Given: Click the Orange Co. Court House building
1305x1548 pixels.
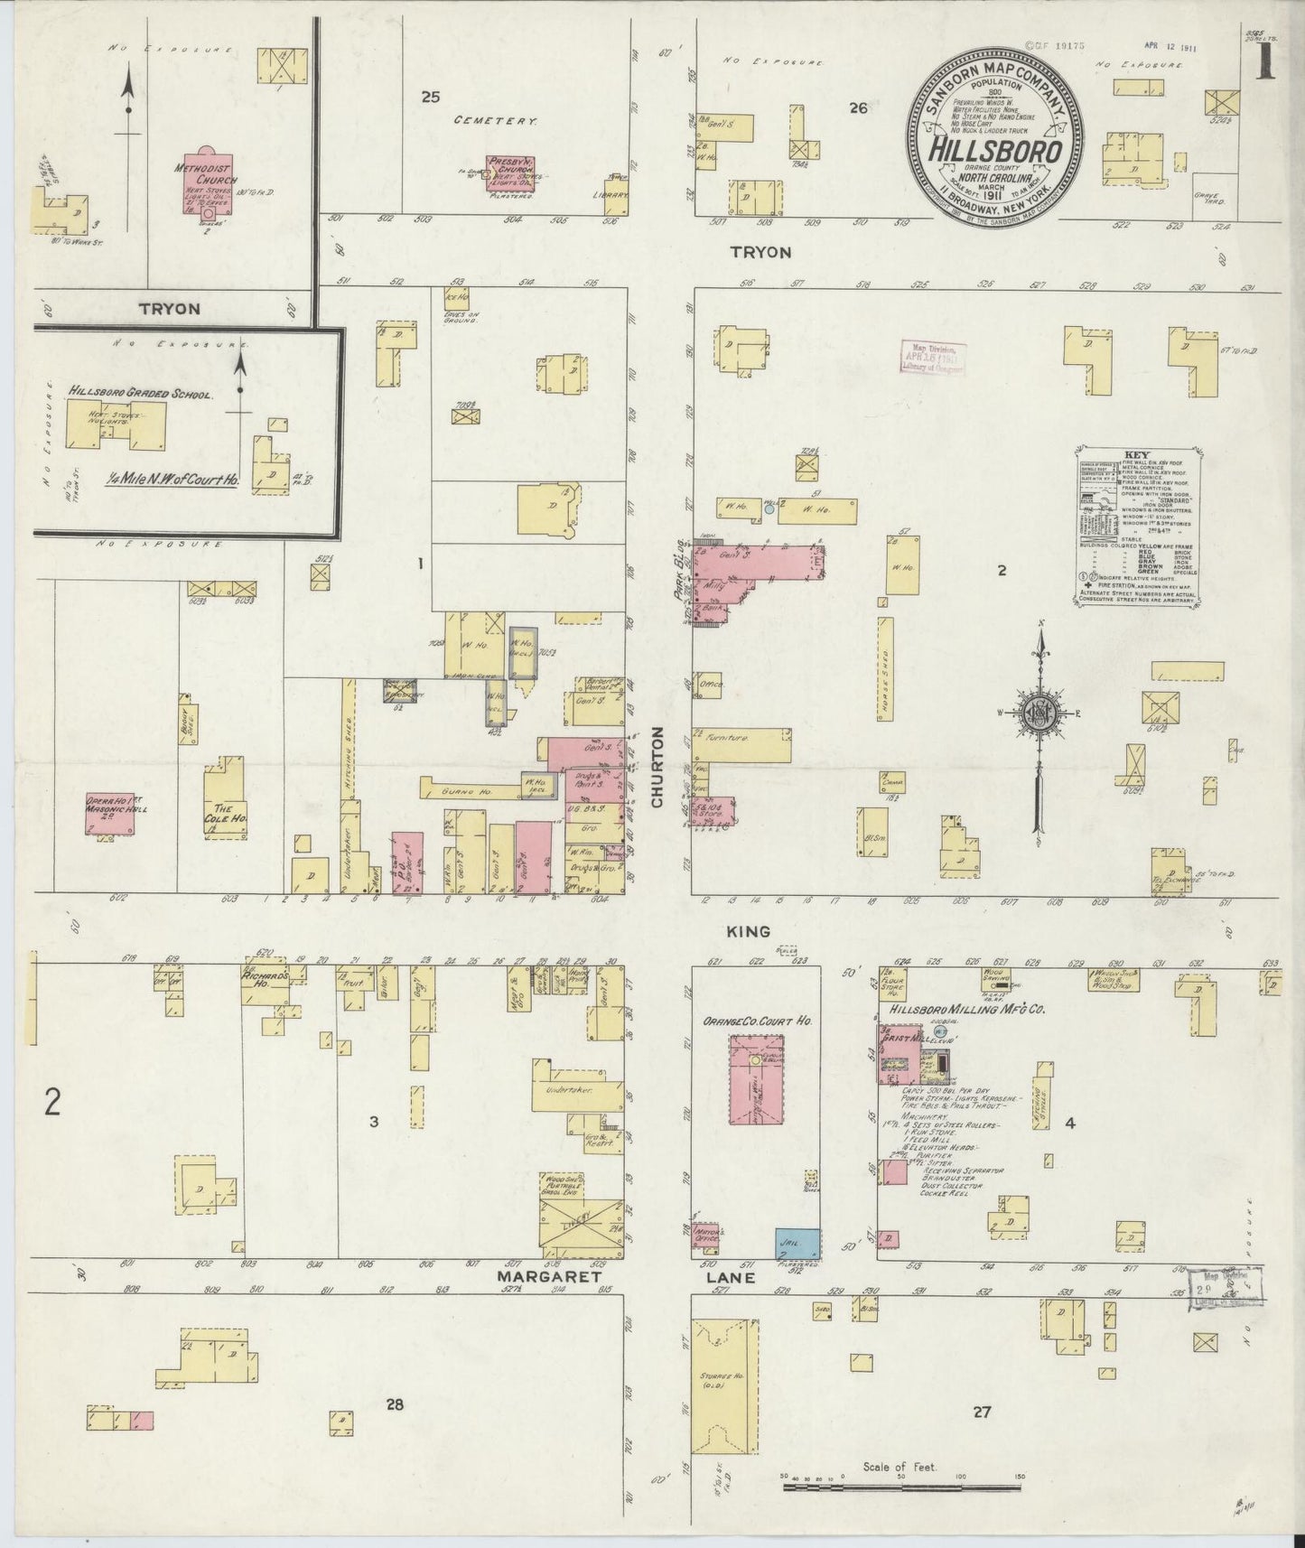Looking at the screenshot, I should [756, 1079].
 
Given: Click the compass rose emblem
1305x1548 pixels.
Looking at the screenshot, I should [1039, 713].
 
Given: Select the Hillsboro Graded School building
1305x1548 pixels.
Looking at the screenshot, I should [116, 423].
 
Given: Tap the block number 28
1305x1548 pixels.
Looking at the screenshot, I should [394, 1403].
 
